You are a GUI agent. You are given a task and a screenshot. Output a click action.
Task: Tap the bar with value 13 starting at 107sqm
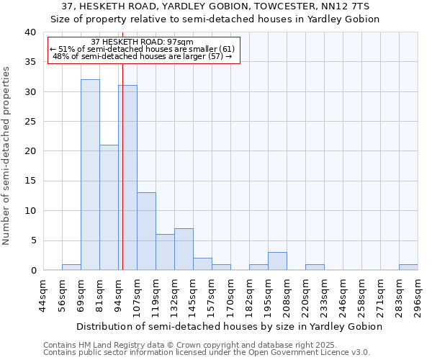click(146, 231)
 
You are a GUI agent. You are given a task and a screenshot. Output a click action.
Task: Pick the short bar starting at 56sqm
click(71, 267)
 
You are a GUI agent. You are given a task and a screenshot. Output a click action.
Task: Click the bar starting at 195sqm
click(277, 261)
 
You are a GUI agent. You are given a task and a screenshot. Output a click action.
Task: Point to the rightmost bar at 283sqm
click(408, 267)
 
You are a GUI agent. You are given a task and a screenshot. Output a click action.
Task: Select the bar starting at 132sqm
click(184, 249)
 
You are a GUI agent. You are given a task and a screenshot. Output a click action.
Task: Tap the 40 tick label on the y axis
click(30, 32)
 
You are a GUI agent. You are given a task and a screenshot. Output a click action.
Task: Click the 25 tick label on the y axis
click(30, 122)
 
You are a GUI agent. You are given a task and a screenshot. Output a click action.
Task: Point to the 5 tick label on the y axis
click(32, 240)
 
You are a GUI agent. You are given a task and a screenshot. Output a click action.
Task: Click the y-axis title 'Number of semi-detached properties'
click(6, 156)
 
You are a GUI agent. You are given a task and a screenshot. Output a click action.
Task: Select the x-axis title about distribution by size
click(229, 326)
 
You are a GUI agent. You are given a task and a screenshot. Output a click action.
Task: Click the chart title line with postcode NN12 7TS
click(216, 6)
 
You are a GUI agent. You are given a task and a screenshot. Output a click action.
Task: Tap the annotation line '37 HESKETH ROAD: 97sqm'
click(143, 42)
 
